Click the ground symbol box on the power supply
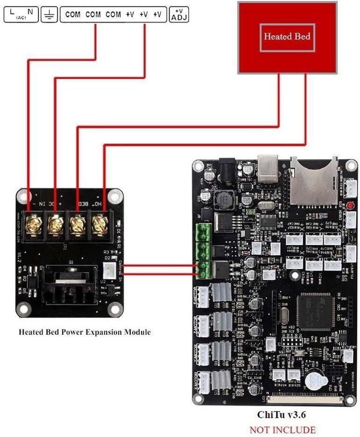(49, 15)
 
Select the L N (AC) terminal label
(21, 15)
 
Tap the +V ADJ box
(179, 15)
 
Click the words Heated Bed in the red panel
(287, 36)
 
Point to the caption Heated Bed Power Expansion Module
(85, 332)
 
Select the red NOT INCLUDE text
(282, 430)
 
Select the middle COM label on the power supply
(93, 14)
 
